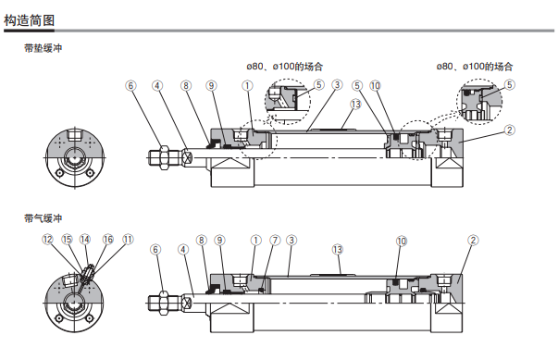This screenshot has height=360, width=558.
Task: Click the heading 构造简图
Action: (30, 20)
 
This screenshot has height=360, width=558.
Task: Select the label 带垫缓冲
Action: (43, 48)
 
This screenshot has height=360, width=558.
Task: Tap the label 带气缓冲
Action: (43, 218)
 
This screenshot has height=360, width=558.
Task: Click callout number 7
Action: (275, 241)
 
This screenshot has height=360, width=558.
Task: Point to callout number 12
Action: (47, 240)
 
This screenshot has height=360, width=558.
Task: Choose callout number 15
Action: (67, 240)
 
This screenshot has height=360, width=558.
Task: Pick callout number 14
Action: (85, 240)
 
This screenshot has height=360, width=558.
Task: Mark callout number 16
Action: (108, 240)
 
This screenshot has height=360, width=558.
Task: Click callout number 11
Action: (128, 240)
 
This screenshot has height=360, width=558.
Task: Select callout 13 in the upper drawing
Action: (355, 105)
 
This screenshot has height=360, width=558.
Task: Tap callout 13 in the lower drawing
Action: (338, 250)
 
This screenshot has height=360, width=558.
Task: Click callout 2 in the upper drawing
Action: (510, 130)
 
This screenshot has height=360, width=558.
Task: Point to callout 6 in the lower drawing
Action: (155, 250)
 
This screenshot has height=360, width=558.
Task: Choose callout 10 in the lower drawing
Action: (402, 242)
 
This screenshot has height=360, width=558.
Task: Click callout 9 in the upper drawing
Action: (211, 86)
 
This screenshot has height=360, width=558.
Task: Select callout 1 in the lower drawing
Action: (256, 241)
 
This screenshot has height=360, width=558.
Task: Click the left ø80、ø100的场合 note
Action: (285, 67)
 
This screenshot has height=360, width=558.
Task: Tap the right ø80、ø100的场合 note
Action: (475, 67)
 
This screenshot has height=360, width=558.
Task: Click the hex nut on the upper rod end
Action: (164, 157)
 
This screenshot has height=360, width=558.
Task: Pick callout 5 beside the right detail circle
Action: (510, 85)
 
